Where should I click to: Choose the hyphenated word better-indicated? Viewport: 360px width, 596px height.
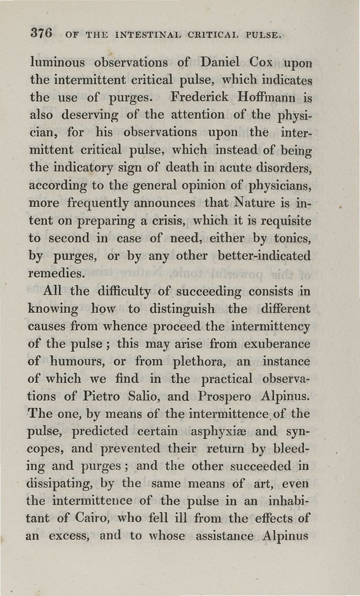click(264, 256)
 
